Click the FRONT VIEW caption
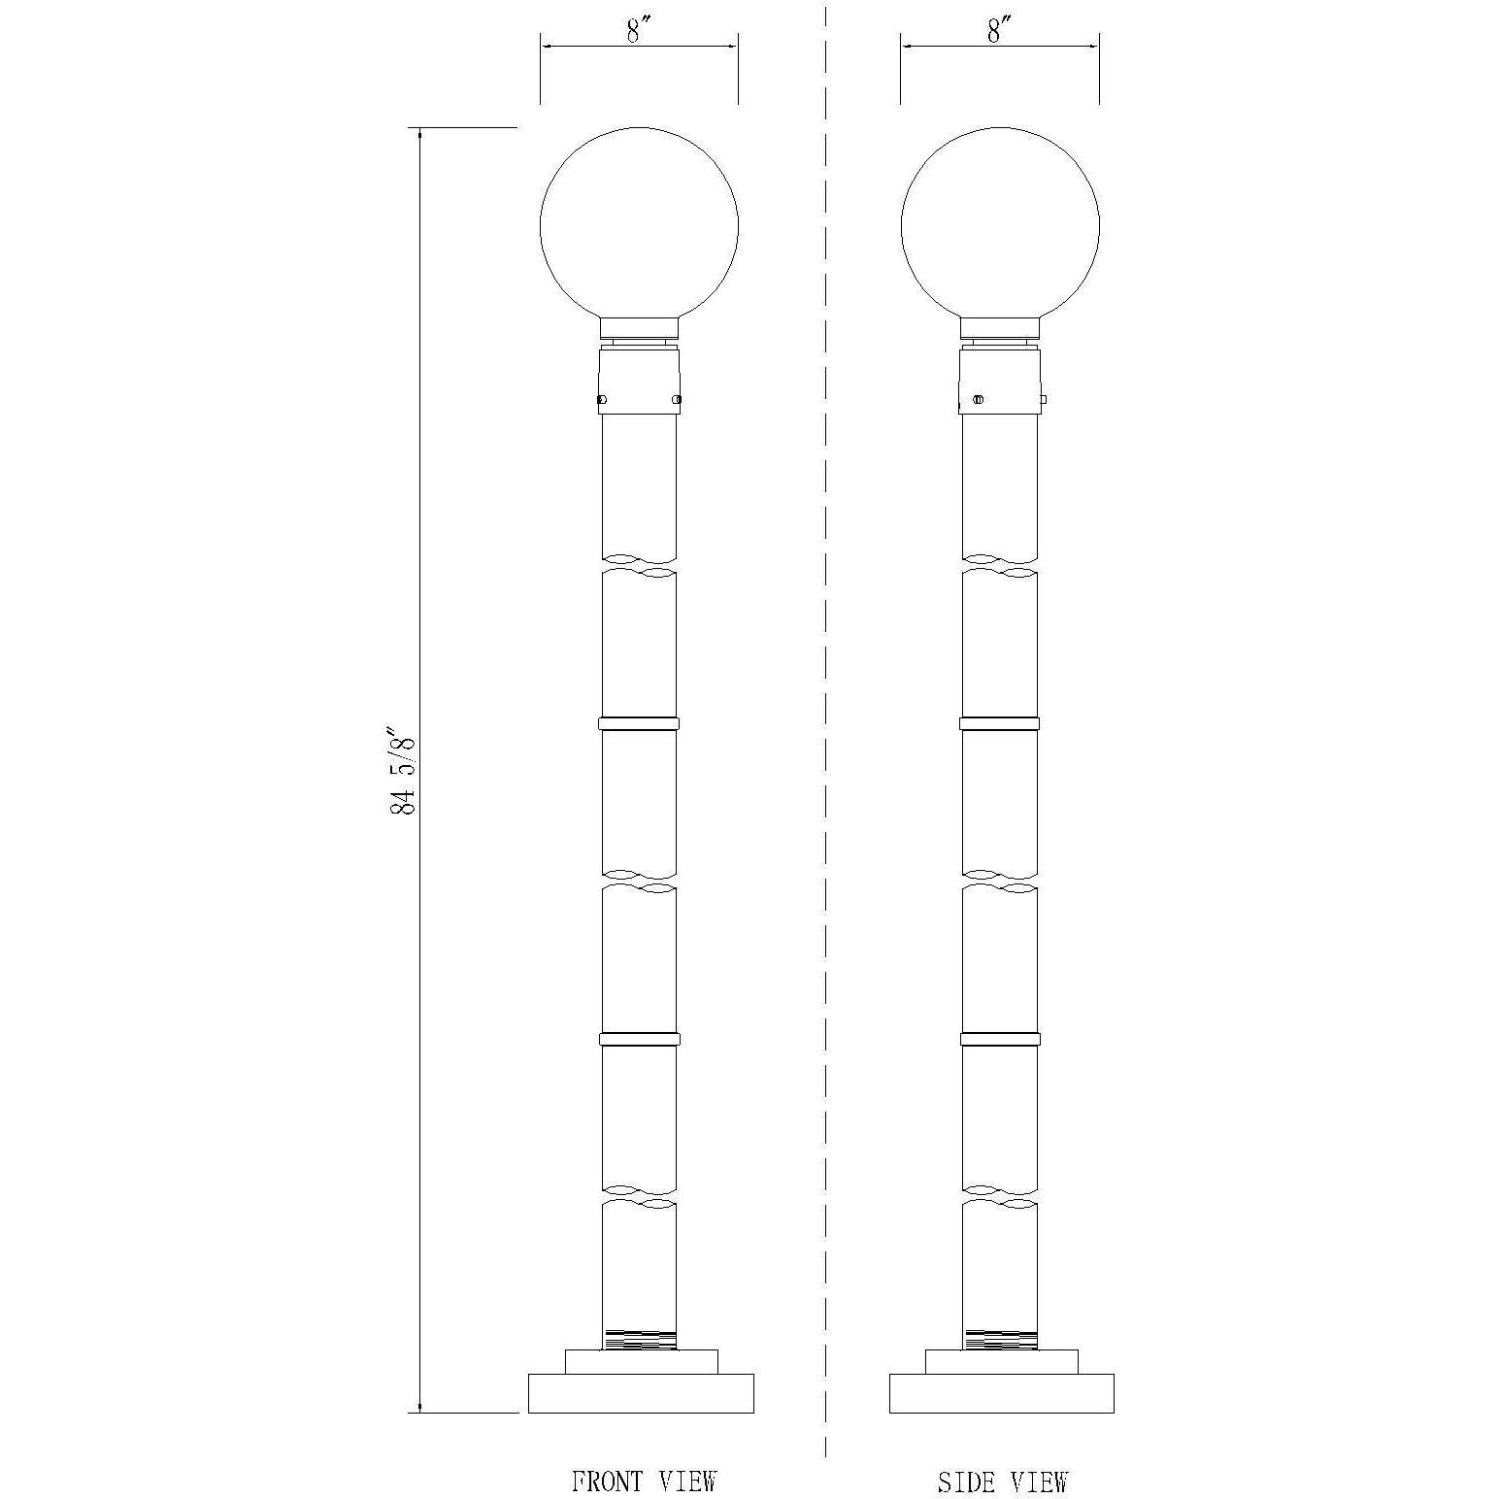click(x=643, y=1482)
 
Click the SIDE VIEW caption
click(x=1002, y=1482)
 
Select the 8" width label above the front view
click(x=637, y=31)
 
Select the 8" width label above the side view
click(x=999, y=31)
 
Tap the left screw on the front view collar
click(x=602, y=399)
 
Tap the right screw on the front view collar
click(x=677, y=399)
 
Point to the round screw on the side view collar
click(x=978, y=399)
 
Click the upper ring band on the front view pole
click(x=639, y=723)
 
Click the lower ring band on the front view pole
click(x=639, y=1039)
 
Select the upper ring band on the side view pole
click(x=1000, y=723)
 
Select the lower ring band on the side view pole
click(x=1000, y=1039)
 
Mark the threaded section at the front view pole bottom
click(x=639, y=1340)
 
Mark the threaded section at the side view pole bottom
click(x=1000, y=1340)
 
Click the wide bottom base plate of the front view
click(x=641, y=1393)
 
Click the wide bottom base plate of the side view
click(x=1001, y=1393)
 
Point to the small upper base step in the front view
click(x=641, y=1361)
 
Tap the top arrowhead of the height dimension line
click(x=419, y=134)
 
